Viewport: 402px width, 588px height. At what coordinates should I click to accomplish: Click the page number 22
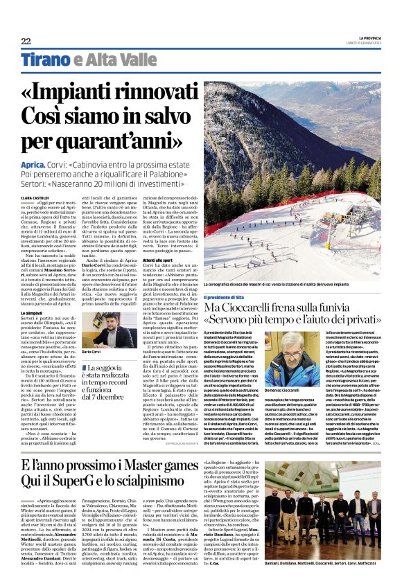(26, 42)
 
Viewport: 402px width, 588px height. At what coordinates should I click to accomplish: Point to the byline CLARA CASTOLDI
(35, 198)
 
